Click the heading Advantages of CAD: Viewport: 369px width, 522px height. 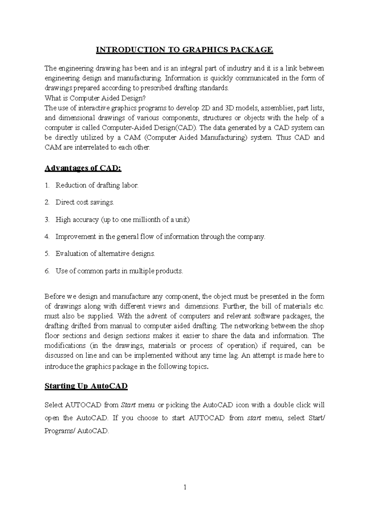point(83,168)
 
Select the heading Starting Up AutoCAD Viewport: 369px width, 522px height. point(86,386)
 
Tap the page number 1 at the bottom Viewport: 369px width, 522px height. point(185,487)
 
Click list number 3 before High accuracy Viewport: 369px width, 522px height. point(47,220)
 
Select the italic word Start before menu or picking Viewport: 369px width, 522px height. point(128,405)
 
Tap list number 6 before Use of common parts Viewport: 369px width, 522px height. point(47,271)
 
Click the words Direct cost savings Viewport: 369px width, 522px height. point(85,203)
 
